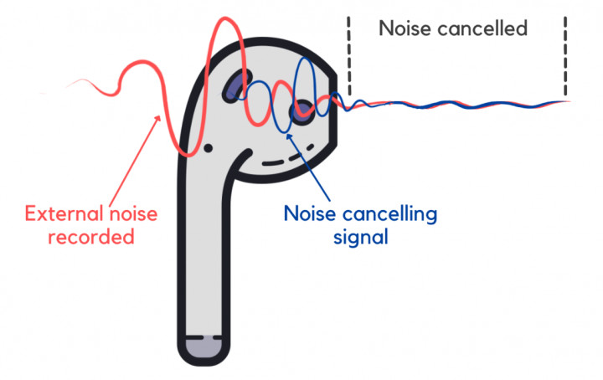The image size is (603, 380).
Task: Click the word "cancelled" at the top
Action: click(x=485, y=28)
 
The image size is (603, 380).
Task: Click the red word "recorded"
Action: click(x=91, y=237)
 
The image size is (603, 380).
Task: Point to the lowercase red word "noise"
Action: click(x=132, y=213)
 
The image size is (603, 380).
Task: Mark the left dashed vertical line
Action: click(x=348, y=54)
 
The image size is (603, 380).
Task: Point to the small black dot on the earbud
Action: click(x=207, y=147)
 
